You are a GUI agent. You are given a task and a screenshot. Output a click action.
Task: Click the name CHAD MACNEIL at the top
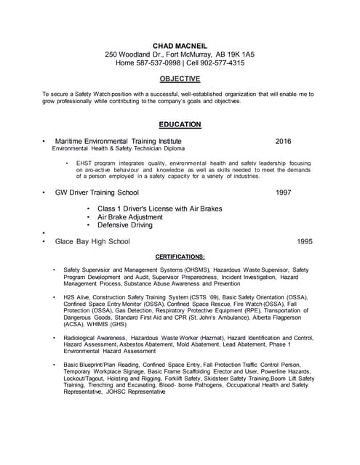tap(180, 46)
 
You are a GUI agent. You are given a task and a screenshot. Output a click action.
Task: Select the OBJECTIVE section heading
tap(180, 78)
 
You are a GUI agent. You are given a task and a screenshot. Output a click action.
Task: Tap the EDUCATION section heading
tap(180, 124)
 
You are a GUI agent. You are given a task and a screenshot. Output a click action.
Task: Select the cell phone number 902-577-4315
tap(222, 63)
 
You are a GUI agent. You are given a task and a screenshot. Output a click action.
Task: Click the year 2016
tap(284, 141)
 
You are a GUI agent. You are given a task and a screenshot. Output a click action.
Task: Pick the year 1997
tap(284, 193)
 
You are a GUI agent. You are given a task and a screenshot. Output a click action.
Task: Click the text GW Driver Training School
tap(97, 193)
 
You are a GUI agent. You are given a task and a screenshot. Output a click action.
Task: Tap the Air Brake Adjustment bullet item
tap(130, 217)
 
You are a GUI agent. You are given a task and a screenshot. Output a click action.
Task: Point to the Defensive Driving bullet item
tap(125, 225)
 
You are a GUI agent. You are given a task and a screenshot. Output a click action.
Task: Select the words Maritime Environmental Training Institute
tap(119, 141)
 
